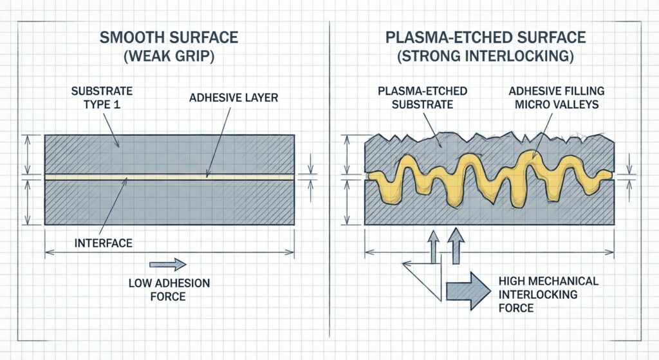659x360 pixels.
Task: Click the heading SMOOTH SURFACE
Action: point(169,37)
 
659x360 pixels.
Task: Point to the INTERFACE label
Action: point(102,243)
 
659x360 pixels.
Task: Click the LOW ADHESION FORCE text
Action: point(169,290)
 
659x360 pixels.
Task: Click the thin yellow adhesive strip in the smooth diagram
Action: point(169,175)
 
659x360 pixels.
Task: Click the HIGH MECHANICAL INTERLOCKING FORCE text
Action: point(548,294)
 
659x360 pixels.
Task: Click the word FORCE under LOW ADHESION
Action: point(169,296)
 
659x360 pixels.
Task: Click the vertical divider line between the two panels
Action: point(329,193)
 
